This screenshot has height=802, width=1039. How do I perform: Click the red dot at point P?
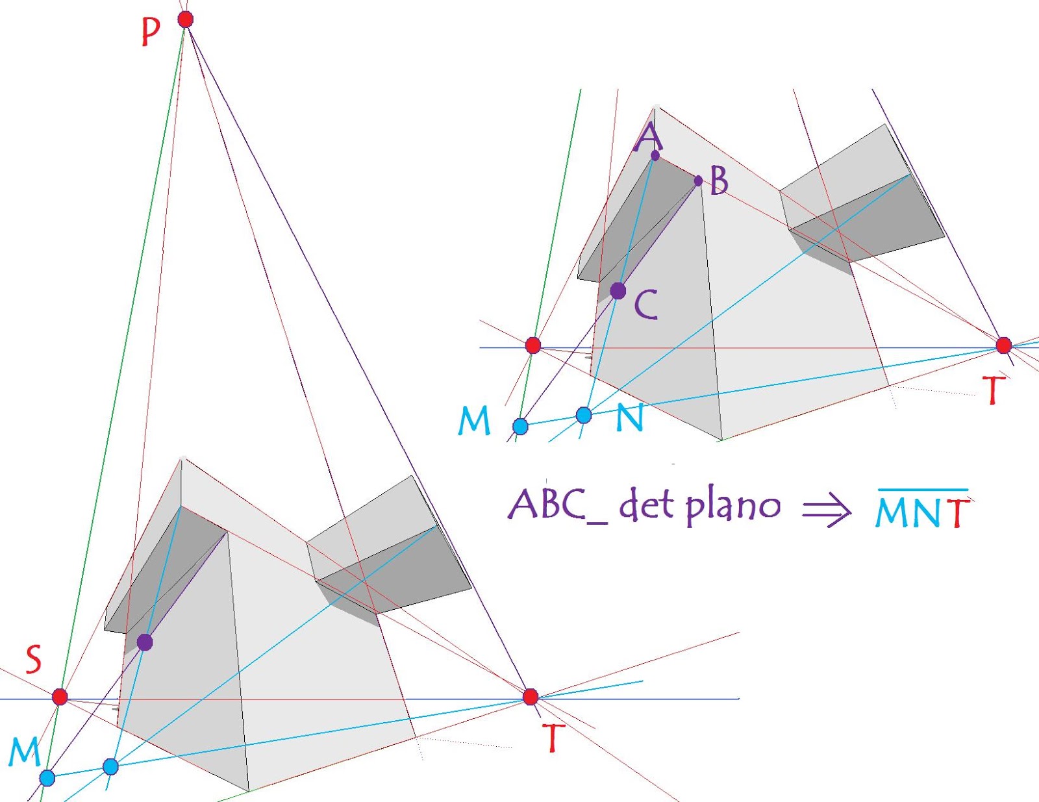coord(186,19)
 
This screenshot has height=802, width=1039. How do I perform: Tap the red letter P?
coord(151,31)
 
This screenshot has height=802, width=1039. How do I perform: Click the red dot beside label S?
coord(60,697)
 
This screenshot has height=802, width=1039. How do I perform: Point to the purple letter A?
coord(649,137)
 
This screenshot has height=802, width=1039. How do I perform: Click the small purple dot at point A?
coord(655,155)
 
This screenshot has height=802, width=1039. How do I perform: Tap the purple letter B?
coord(719,181)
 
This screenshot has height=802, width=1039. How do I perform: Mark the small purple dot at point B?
coord(698,181)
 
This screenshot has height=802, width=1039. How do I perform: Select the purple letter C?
coord(646,305)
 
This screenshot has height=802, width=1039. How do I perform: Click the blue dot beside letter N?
coord(584,415)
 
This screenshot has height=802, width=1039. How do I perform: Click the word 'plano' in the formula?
coord(733,507)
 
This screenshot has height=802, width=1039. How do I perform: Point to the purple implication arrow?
coord(827,510)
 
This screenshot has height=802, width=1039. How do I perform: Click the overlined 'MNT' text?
coord(922,511)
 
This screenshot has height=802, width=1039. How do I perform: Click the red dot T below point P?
coord(531,697)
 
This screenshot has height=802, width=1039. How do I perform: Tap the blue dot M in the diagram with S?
coord(47,777)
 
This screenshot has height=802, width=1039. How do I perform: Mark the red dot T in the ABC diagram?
coord(1004,345)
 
